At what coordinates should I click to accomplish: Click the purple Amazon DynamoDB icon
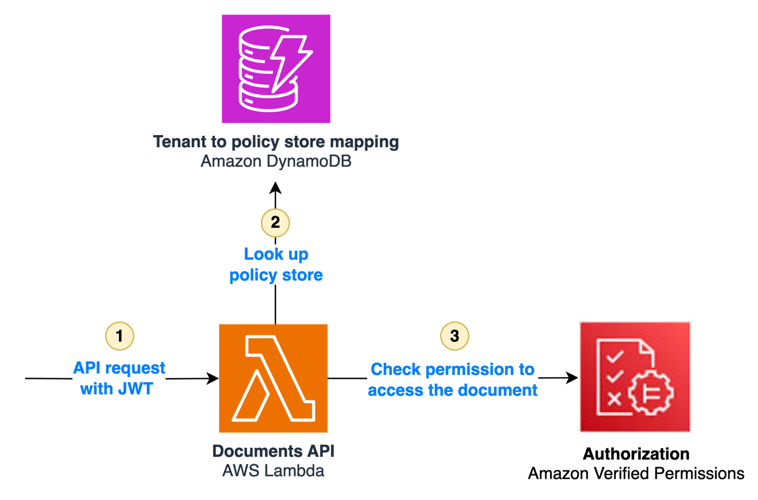click(x=276, y=69)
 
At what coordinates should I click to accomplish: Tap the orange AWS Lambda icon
click(x=273, y=378)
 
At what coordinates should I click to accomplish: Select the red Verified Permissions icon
click(x=635, y=377)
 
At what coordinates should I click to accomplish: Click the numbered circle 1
click(x=120, y=336)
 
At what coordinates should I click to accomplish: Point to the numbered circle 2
click(x=275, y=222)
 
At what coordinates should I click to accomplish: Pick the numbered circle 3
click(x=455, y=336)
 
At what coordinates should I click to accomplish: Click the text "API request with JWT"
click(x=119, y=378)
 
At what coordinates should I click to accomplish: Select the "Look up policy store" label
click(x=276, y=265)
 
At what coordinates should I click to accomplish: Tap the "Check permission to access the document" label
click(x=453, y=379)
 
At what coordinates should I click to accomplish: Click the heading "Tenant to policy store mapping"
click(x=276, y=142)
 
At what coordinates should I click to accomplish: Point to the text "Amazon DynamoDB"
click(x=276, y=162)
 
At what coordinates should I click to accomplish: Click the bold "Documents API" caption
click(x=273, y=451)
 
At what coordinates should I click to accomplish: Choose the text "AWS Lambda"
click(x=273, y=470)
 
